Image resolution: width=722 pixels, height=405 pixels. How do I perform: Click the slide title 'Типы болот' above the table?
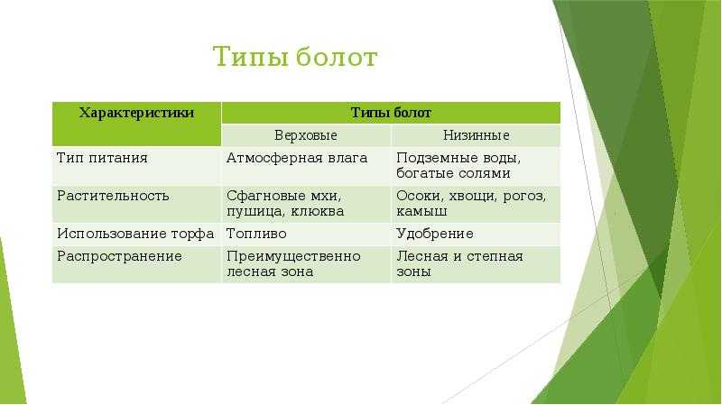295,57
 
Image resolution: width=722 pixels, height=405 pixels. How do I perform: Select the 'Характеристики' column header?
136,113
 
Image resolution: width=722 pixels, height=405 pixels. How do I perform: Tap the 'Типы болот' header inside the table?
391,113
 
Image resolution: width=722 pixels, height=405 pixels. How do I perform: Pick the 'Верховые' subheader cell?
306,135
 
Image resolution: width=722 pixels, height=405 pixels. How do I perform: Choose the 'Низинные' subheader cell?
477,135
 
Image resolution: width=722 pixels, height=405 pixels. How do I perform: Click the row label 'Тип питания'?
102,158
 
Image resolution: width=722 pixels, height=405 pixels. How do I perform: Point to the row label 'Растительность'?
113,196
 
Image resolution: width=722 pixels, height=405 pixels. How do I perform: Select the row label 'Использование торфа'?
135,234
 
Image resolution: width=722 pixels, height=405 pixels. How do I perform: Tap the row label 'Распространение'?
119,256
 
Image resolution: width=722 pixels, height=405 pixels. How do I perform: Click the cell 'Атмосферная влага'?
297,158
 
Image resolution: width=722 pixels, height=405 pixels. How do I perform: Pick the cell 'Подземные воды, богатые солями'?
458,166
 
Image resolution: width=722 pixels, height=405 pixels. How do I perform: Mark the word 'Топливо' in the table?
256,234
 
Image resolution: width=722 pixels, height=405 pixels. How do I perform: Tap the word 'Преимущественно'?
293,256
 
